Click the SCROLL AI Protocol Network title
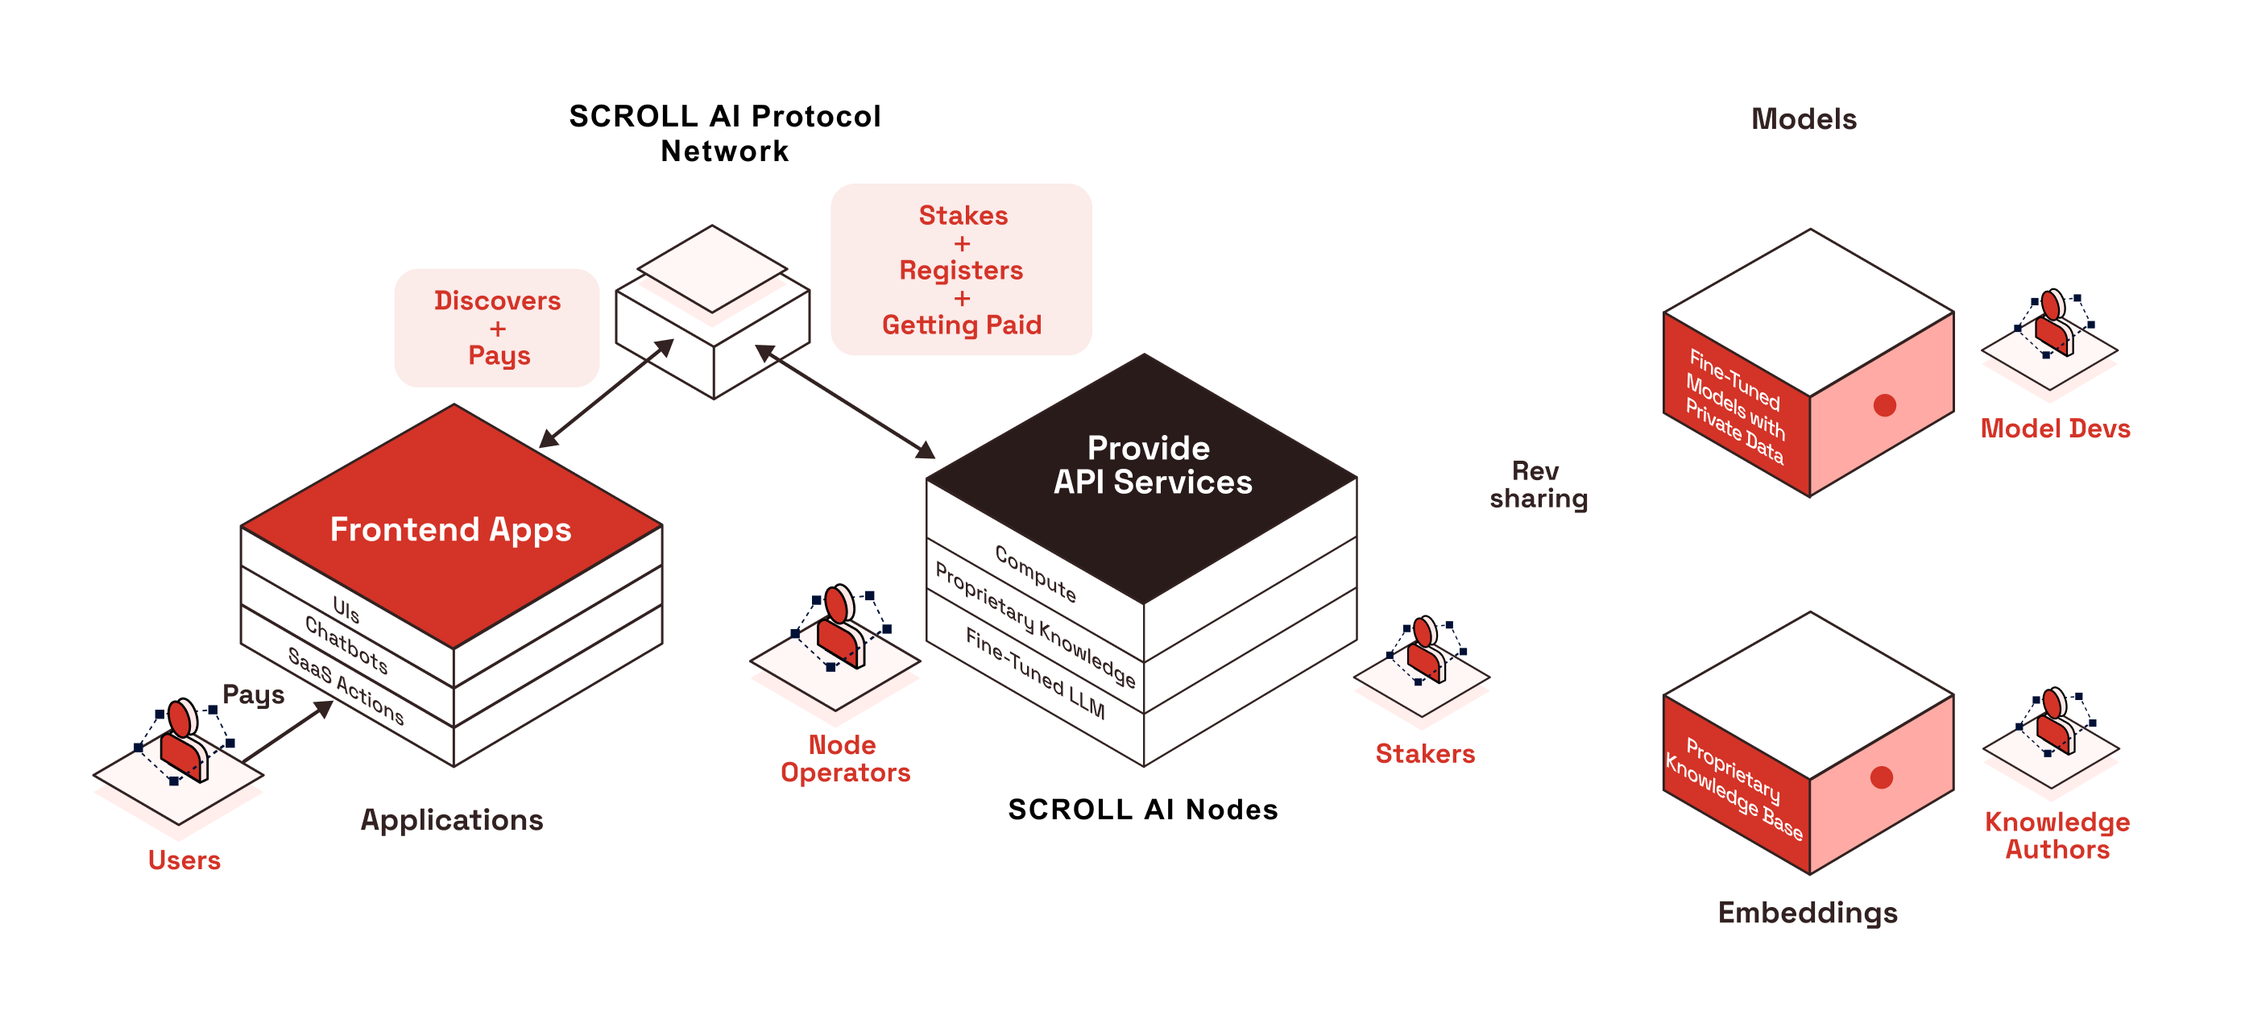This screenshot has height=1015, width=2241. [x=725, y=133]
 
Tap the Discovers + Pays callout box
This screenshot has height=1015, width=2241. [x=497, y=328]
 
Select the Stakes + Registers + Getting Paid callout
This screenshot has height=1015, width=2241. [x=961, y=270]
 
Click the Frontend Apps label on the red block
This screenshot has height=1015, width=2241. [x=450, y=530]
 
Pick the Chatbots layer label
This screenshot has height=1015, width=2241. [x=346, y=644]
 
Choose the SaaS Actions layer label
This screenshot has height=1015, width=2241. [x=346, y=686]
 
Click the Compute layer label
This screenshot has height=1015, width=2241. [x=1035, y=574]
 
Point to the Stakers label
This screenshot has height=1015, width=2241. [x=1425, y=753]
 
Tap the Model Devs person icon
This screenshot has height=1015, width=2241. [x=2054, y=324]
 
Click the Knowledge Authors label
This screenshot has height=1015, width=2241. [x=2057, y=835]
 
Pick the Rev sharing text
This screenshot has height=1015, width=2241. [x=1538, y=484]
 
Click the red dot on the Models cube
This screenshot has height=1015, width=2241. [x=1884, y=405]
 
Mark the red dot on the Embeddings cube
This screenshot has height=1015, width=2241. [x=1881, y=777]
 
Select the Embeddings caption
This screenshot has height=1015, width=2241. [x=1807, y=913]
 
